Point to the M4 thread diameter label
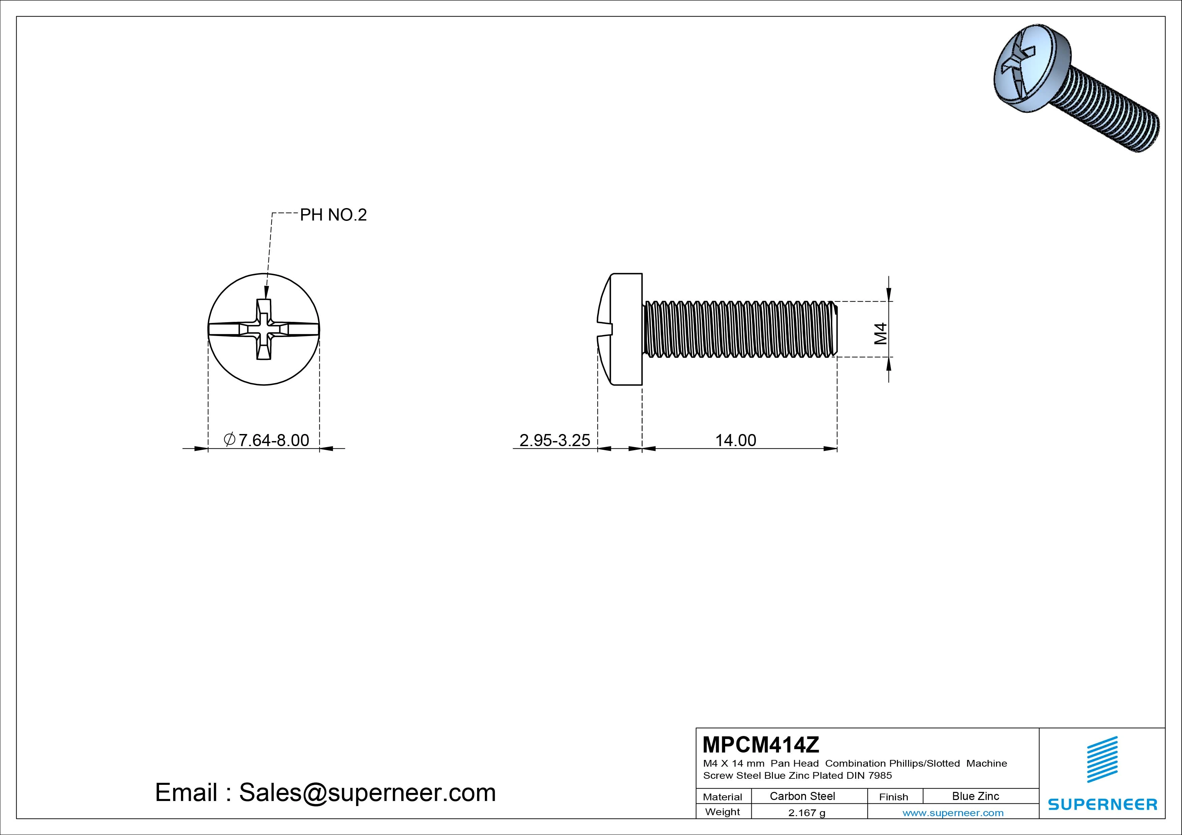881,333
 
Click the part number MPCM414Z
760,744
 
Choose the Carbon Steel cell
802,796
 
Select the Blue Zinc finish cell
975,796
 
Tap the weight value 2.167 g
807,813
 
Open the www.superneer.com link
953,813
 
